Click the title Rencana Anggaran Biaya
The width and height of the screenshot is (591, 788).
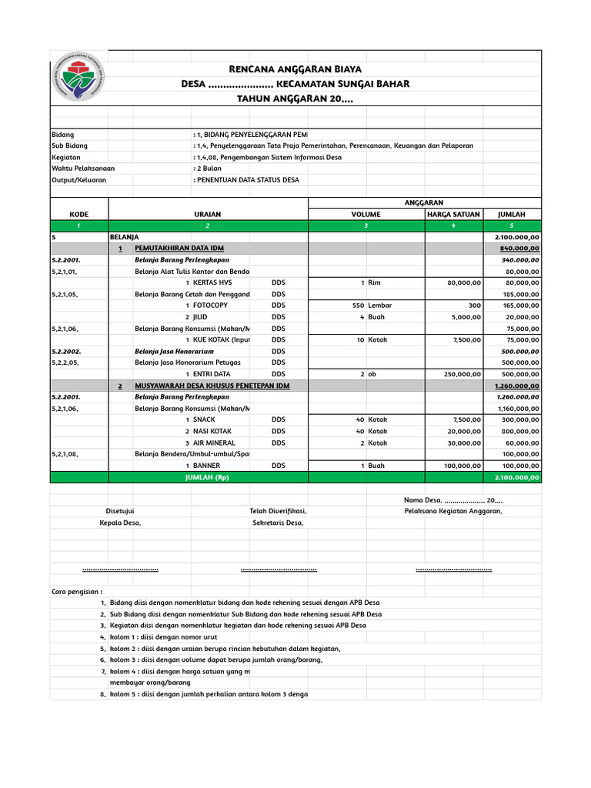[x=295, y=69]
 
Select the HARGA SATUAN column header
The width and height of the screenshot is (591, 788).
[x=453, y=214]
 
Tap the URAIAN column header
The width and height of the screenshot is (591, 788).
[x=208, y=214]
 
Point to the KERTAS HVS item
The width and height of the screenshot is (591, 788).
[x=212, y=282]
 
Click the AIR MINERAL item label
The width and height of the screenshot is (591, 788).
[x=214, y=443]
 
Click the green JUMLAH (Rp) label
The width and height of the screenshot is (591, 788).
[x=208, y=477]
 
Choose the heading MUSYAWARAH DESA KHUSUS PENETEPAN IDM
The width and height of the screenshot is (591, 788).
[x=212, y=386]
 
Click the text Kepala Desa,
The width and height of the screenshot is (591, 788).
[x=120, y=523]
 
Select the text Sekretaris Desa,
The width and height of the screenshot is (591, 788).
[x=278, y=523]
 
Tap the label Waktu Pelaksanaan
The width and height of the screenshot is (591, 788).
[x=80, y=168]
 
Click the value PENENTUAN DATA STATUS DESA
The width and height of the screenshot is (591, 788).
[x=248, y=179]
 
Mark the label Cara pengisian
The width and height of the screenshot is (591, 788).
[x=77, y=591]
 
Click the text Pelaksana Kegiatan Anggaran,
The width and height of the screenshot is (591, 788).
[x=453, y=511]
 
